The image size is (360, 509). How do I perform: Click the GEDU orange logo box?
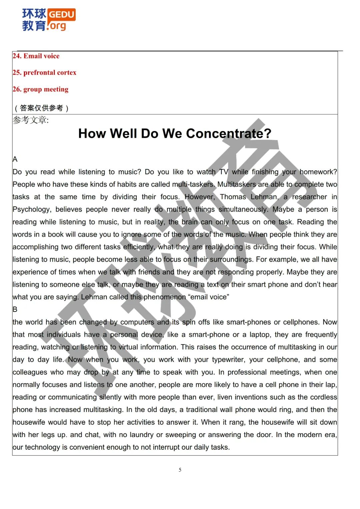coord(62,14)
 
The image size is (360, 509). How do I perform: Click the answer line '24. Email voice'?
coord(36,56)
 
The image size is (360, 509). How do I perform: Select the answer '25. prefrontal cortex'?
coord(44,73)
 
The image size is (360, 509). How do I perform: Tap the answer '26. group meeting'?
coord(40,89)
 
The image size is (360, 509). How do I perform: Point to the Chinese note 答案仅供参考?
coord(41,108)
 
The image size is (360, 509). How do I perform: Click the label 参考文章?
coord(30,120)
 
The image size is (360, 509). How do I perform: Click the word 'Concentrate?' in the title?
coord(229,134)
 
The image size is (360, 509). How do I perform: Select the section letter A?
coord(15,159)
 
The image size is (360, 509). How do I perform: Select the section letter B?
coord(15,310)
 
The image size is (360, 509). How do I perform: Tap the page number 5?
coord(180,470)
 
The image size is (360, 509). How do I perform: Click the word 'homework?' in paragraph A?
coord(318,172)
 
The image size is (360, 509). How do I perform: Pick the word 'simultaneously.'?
coord(243,210)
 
